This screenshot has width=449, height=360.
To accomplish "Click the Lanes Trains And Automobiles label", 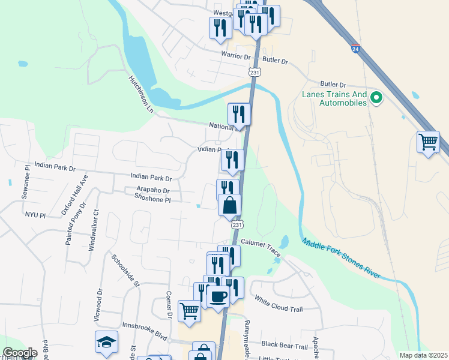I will coord(334,98).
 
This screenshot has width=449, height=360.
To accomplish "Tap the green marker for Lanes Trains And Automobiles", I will coord(377,97).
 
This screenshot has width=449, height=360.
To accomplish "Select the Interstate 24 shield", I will coord(356,49).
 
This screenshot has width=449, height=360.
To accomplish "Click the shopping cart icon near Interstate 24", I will coord(428,143).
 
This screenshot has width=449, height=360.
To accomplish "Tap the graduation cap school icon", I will coord(106,343).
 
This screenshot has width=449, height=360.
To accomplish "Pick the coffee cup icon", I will coord(217,295).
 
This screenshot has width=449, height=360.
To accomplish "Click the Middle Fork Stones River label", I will coord(340,258).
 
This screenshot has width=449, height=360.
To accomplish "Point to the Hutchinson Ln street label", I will coord(141,95).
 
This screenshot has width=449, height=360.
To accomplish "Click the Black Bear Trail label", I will coord(284,346).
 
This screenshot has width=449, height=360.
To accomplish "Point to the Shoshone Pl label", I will coord(153,199).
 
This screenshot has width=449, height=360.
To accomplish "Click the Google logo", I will coord(20,353).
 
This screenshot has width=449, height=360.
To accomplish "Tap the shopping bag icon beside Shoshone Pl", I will coord(229,206).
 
